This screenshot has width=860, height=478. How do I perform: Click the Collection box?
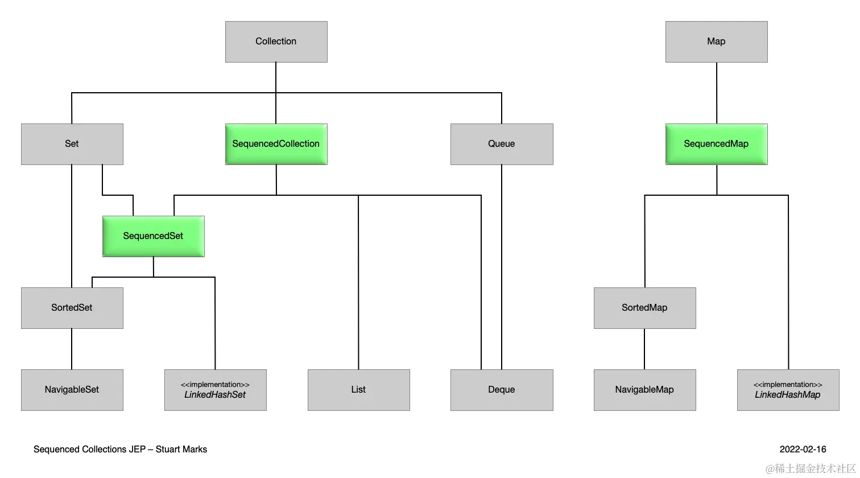[276, 42]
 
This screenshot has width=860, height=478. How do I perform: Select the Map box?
[716, 42]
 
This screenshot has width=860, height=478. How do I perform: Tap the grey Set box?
[72, 144]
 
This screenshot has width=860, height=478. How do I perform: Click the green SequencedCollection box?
[276, 144]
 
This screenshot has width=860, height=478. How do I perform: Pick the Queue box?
[501, 144]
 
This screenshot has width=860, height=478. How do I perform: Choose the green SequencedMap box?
[716, 144]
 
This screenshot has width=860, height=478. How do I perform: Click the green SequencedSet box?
[153, 236]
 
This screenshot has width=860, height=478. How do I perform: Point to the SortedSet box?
[72, 308]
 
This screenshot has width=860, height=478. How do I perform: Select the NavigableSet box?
[72, 390]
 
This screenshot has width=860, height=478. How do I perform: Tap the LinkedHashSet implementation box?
[215, 390]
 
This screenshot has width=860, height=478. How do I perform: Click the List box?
[358, 390]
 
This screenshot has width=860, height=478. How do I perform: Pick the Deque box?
[501, 390]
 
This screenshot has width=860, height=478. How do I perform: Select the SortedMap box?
[644, 308]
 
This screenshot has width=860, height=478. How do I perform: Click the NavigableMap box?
[644, 390]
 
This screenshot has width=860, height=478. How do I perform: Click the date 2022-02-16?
[803, 450]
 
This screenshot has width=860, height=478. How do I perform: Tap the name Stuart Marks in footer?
[181, 450]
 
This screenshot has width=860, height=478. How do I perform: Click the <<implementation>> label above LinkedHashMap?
[788, 385]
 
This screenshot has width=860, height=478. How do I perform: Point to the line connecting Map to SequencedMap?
[717, 93]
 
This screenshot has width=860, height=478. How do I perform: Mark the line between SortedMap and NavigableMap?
[644, 349]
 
